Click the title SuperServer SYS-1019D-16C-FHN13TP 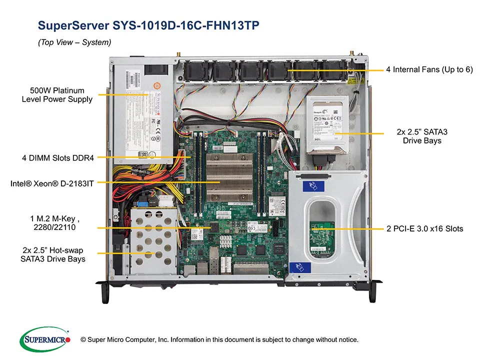[148, 25]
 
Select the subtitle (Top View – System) [74, 43]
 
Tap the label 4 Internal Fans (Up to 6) [429, 69]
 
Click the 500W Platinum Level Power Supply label [57, 95]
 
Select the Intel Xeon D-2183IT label [52, 184]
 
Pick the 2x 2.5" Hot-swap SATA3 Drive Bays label [53, 254]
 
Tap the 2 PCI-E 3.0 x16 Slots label [424, 228]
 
